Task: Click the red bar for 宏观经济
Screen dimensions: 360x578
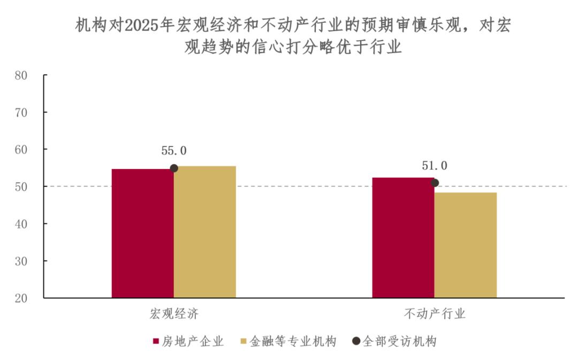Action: pyautogui.click(x=142, y=233)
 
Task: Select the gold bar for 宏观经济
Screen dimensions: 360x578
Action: pyautogui.click(x=205, y=232)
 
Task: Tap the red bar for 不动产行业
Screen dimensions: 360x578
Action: pyautogui.click(x=403, y=238)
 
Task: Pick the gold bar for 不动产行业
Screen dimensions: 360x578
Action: pyautogui.click(x=466, y=245)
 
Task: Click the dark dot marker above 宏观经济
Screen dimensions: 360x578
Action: pyautogui.click(x=174, y=168)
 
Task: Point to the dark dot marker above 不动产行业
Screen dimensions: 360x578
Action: pyautogui.click(x=435, y=183)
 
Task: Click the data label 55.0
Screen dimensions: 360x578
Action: pyautogui.click(x=174, y=151)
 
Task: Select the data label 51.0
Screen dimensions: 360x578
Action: pyautogui.click(x=435, y=166)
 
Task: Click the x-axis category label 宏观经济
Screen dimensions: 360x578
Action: pyautogui.click(x=174, y=314)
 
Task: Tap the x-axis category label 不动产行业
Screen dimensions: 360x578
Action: pyautogui.click(x=435, y=314)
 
